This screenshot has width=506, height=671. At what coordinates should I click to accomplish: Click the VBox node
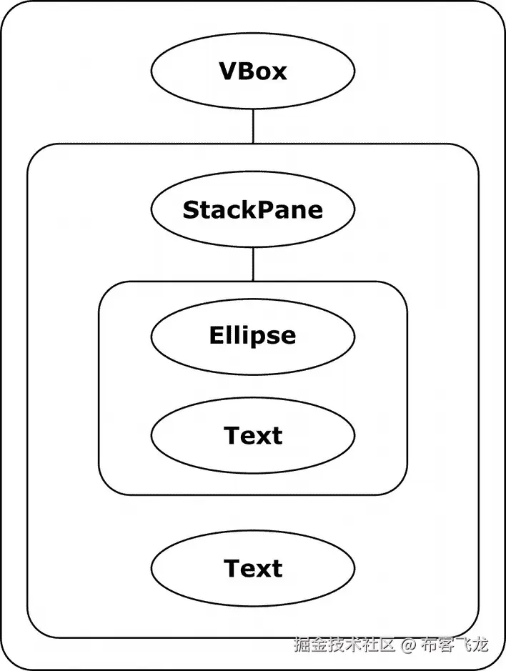[253, 71]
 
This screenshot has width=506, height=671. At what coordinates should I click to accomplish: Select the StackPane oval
[253, 210]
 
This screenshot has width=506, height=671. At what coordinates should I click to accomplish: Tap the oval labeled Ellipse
[253, 336]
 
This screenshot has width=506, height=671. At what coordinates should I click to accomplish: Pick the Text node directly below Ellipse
[253, 436]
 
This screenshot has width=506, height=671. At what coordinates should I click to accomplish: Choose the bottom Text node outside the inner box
[253, 569]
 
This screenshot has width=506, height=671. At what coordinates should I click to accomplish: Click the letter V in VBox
[228, 71]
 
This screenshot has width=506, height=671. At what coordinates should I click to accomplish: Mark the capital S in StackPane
[191, 210]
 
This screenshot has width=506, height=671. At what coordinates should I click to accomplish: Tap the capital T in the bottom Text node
[232, 569]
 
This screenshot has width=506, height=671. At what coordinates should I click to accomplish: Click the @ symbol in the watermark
[407, 645]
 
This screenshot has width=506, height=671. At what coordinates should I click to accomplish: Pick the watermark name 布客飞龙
[454, 645]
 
